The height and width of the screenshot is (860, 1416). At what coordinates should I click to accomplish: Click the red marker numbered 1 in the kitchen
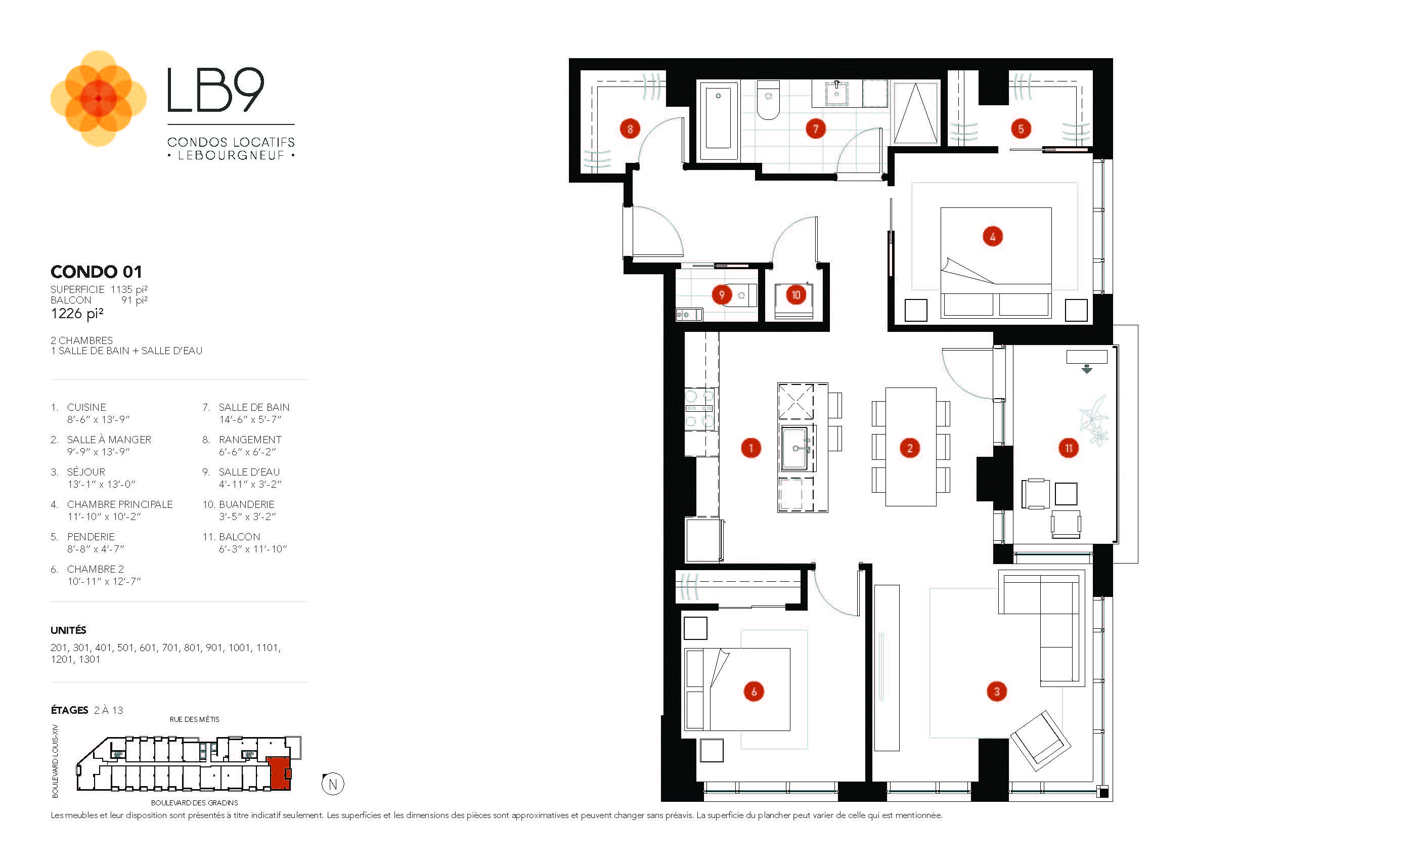pyautogui.click(x=750, y=448)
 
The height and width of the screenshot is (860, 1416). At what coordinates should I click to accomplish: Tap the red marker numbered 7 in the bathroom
pyautogui.click(x=815, y=129)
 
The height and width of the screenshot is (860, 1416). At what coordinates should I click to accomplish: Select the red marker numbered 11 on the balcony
pyautogui.click(x=1068, y=448)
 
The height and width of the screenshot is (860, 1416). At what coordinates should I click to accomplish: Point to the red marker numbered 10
pyautogui.click(x=795, y=295)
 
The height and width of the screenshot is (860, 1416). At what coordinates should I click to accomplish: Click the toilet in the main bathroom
pyautogui.click(x=768, y=101)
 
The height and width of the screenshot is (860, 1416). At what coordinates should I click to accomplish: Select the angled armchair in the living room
pyautogui.click(x=1040, y=741)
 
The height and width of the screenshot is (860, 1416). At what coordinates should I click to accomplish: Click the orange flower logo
pyautogui.click(x=98, y=98)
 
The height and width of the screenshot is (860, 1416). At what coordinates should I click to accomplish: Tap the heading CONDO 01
pyautogui.click(x=96, y=271)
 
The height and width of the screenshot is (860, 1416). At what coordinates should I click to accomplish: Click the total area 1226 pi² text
pyautogui.click(x=77, y=313)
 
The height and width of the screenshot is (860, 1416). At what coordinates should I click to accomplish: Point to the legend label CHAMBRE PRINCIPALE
pyautogui.click(x=119, y=504)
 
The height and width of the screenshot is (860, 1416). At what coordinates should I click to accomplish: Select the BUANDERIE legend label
pyautogui.click(x=247, y=504)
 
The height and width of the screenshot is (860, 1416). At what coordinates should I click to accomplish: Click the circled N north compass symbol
pyautogui.click(x=333, y=784)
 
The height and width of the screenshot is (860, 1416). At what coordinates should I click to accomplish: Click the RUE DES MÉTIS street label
pyautogui.click(x=194, y=719)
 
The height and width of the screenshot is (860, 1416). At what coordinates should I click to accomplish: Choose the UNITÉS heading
pyautogui.click(x=68, y=630)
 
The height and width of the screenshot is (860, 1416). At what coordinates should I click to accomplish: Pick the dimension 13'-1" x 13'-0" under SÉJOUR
pyautogui.click(x=101, y=484)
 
